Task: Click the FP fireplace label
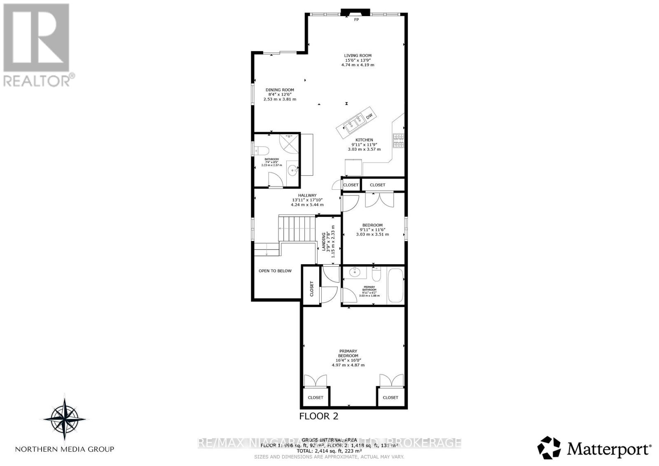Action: click(x=356, y=19)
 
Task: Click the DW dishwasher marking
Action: click(x=369, y=116)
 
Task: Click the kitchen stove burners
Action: click(x=399, y=141)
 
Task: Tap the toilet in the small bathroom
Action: click(x=261, y=150)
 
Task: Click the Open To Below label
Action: click(x=275, y=271)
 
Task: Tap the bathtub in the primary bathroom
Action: click(x=395, y=286)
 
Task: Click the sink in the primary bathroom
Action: click(x=354, y=272)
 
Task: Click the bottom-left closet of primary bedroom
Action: click(x=315, y=397)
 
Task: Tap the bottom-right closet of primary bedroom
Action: click(x=390, y=397)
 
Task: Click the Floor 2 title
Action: click(x=318, y=416)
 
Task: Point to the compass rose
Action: click(x=65, y=418)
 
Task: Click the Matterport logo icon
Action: click(x=549, y=448)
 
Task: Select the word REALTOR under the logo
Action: click(x=36, y=80)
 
